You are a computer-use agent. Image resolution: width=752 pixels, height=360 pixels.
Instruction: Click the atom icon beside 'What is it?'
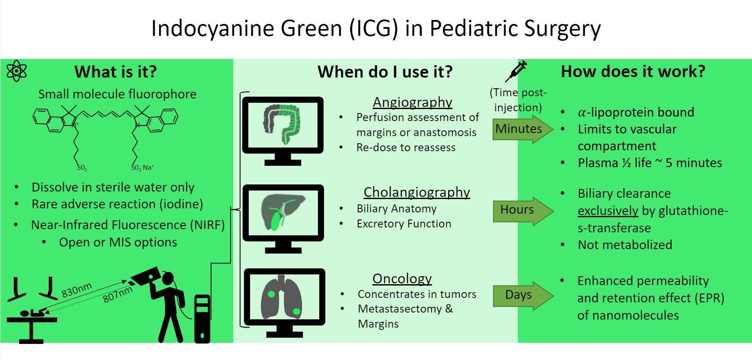click(x=17, y=71)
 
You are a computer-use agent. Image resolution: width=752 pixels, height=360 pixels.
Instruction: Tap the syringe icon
click(x=516, y=71)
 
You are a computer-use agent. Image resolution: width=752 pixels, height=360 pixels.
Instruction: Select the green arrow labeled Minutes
click(x=522, y=129)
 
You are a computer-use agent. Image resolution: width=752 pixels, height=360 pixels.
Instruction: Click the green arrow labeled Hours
click(x=522, y=210)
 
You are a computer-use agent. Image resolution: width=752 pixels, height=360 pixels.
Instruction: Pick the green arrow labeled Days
click(x=522, y=295)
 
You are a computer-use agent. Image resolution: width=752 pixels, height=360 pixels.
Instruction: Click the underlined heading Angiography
click(x=412, y=102)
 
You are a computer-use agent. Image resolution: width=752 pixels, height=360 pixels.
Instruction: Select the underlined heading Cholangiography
click(x=416, y=192)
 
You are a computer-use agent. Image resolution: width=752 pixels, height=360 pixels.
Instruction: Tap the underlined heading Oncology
click(x=402, y=278)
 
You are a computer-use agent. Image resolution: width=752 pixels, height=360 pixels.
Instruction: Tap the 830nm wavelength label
click(x=76, y=290)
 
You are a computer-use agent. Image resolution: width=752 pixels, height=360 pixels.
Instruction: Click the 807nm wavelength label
click(x=117, y=294)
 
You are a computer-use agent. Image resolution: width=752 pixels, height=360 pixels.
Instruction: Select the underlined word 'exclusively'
click(x=607, y=211)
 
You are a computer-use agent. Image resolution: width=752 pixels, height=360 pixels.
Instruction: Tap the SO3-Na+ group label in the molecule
click(x=142, y=168)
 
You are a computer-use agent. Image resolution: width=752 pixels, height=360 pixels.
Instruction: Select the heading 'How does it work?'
click(x=633, y=71)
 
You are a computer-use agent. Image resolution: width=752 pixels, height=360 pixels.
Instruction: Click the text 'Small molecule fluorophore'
click(x=117, y=94)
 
